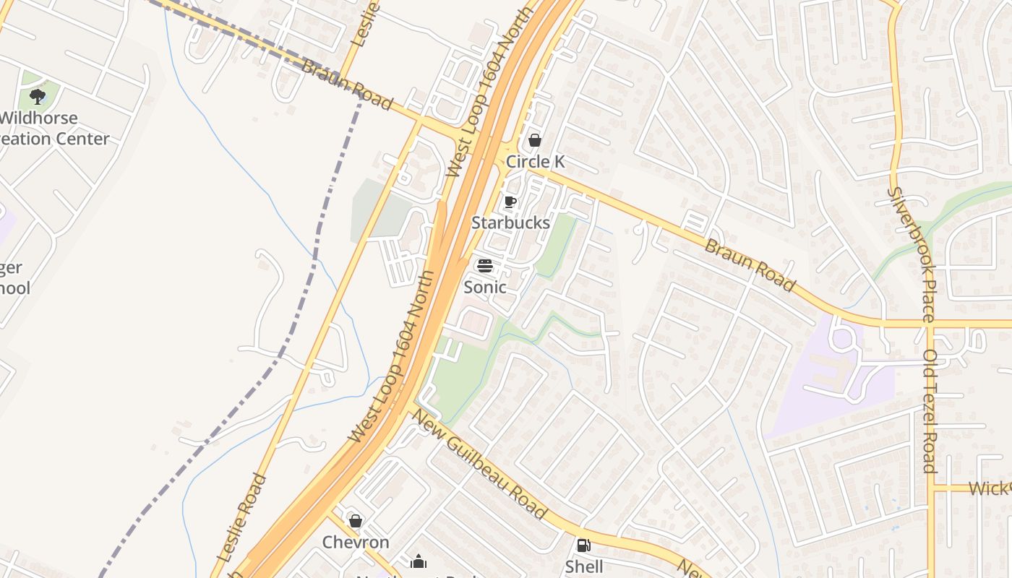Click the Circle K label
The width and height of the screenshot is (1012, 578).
tap(535, 162)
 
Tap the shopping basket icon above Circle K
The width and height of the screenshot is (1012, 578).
tap(535, 140)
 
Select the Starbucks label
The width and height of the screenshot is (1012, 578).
tap(511, 223)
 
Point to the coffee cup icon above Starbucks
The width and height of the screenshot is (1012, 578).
tap(510, 202)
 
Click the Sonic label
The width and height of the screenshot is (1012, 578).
tap(484, 287)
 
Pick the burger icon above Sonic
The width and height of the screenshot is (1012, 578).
tap(485, 265)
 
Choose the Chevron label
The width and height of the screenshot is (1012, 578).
tap(356, 542)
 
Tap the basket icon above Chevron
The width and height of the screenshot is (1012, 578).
tap(356, 521)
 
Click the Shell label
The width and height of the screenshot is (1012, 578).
tap(584, 566)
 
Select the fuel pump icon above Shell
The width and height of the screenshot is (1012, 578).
tap(583, 545)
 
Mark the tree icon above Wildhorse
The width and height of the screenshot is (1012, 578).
tap(38, 96)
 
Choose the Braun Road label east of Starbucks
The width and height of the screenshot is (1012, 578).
tap(750, 266)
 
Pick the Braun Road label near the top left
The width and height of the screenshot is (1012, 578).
tap(347, 85)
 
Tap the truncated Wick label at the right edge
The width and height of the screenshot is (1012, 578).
tap(989, 488)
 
